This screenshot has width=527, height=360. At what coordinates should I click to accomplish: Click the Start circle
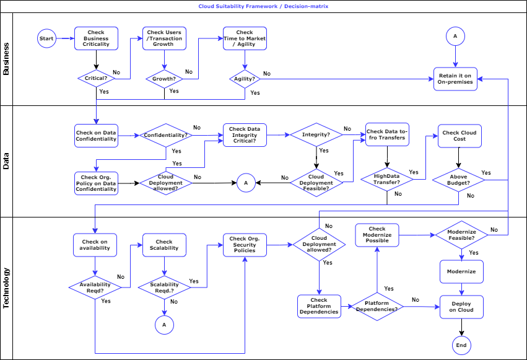click(46, 38)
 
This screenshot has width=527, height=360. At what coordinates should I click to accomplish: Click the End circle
click(461, 345)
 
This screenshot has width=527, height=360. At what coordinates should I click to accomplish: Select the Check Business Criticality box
click(96, 39)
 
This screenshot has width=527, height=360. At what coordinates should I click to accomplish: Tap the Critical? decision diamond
click(96, 79)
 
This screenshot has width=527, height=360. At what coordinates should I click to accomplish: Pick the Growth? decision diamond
click(164, 79)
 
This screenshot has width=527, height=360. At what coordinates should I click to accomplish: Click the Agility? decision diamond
click(245, 79)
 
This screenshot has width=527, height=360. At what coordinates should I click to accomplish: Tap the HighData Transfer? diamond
click(387, 179)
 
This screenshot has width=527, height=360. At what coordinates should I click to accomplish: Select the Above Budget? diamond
click(458, 180)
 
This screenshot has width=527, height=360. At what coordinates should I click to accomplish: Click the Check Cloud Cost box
click(459, 136)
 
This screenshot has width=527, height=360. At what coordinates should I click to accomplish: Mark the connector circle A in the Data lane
click(245, 183)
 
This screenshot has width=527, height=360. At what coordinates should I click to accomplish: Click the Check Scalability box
click(164, 245)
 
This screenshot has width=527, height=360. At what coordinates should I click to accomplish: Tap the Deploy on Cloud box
click(461, 307)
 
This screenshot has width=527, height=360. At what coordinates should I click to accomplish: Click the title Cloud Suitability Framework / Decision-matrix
click(263, 6)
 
